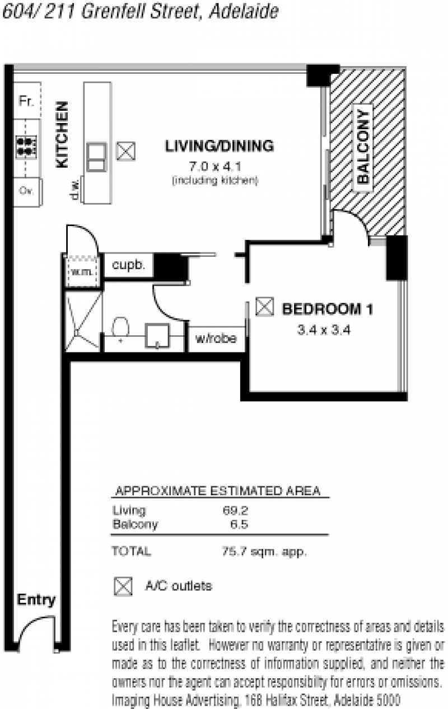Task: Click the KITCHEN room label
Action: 62,134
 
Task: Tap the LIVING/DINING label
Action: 220,146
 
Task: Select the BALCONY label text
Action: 363,147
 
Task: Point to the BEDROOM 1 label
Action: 328,309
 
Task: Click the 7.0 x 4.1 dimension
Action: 215,166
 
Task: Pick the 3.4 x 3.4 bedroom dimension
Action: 324,330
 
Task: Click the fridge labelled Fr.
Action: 27,100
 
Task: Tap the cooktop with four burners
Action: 26,147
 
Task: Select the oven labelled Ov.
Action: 27,192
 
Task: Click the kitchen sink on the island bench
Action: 96,157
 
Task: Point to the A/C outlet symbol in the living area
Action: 126,151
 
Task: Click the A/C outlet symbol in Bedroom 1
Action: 264,306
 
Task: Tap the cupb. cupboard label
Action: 128,265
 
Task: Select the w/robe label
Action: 216,339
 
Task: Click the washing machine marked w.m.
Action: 83,271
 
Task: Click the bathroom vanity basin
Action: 157,335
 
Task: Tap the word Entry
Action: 36,600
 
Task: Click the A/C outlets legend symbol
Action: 123,586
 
